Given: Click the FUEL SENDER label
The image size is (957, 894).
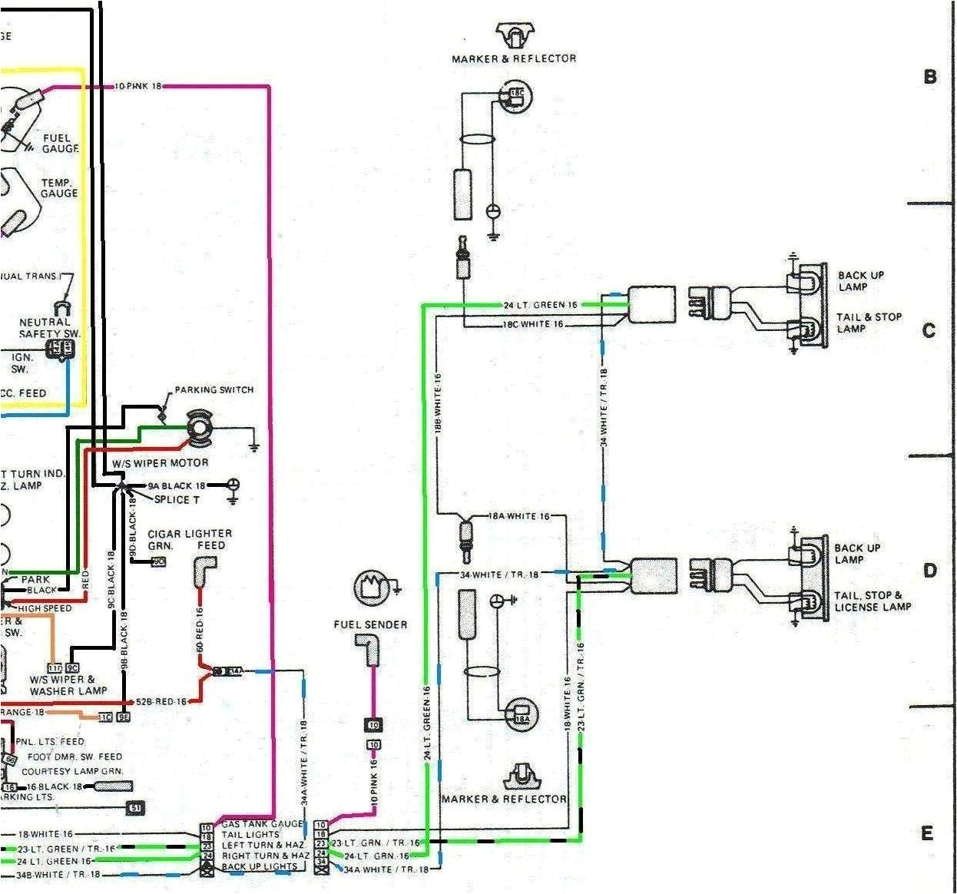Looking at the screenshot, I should [x=370, y=624].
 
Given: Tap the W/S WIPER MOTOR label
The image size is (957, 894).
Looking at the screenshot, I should [x=160, y=463].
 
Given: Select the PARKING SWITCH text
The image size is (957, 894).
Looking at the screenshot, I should [x=214, y=390].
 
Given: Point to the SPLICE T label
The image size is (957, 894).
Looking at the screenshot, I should [x=177, y=499].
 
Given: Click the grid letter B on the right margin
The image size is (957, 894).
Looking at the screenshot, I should [x=930, y=77].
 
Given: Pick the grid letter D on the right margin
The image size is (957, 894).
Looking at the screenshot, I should [x=930, y=571].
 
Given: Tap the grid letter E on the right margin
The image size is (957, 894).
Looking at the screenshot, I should [x=928, y=834].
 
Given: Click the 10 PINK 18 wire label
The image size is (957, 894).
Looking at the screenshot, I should [x=138, y=87].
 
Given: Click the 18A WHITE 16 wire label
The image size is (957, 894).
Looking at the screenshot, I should [x=519, y=516].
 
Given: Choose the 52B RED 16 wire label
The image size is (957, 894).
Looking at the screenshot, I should [x=161, y=702].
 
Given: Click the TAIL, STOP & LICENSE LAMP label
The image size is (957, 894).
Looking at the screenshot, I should [x=873, y=601].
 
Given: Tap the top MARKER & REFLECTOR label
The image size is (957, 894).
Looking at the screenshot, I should [x=514, y=58].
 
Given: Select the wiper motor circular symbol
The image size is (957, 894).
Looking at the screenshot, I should [x=200, y=426].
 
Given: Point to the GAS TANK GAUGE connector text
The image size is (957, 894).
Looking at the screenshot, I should [x=263, y=824].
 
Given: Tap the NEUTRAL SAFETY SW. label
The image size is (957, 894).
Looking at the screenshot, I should [x=50, y=328].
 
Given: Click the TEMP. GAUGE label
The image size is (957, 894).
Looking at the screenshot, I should [x=60, y=188].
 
